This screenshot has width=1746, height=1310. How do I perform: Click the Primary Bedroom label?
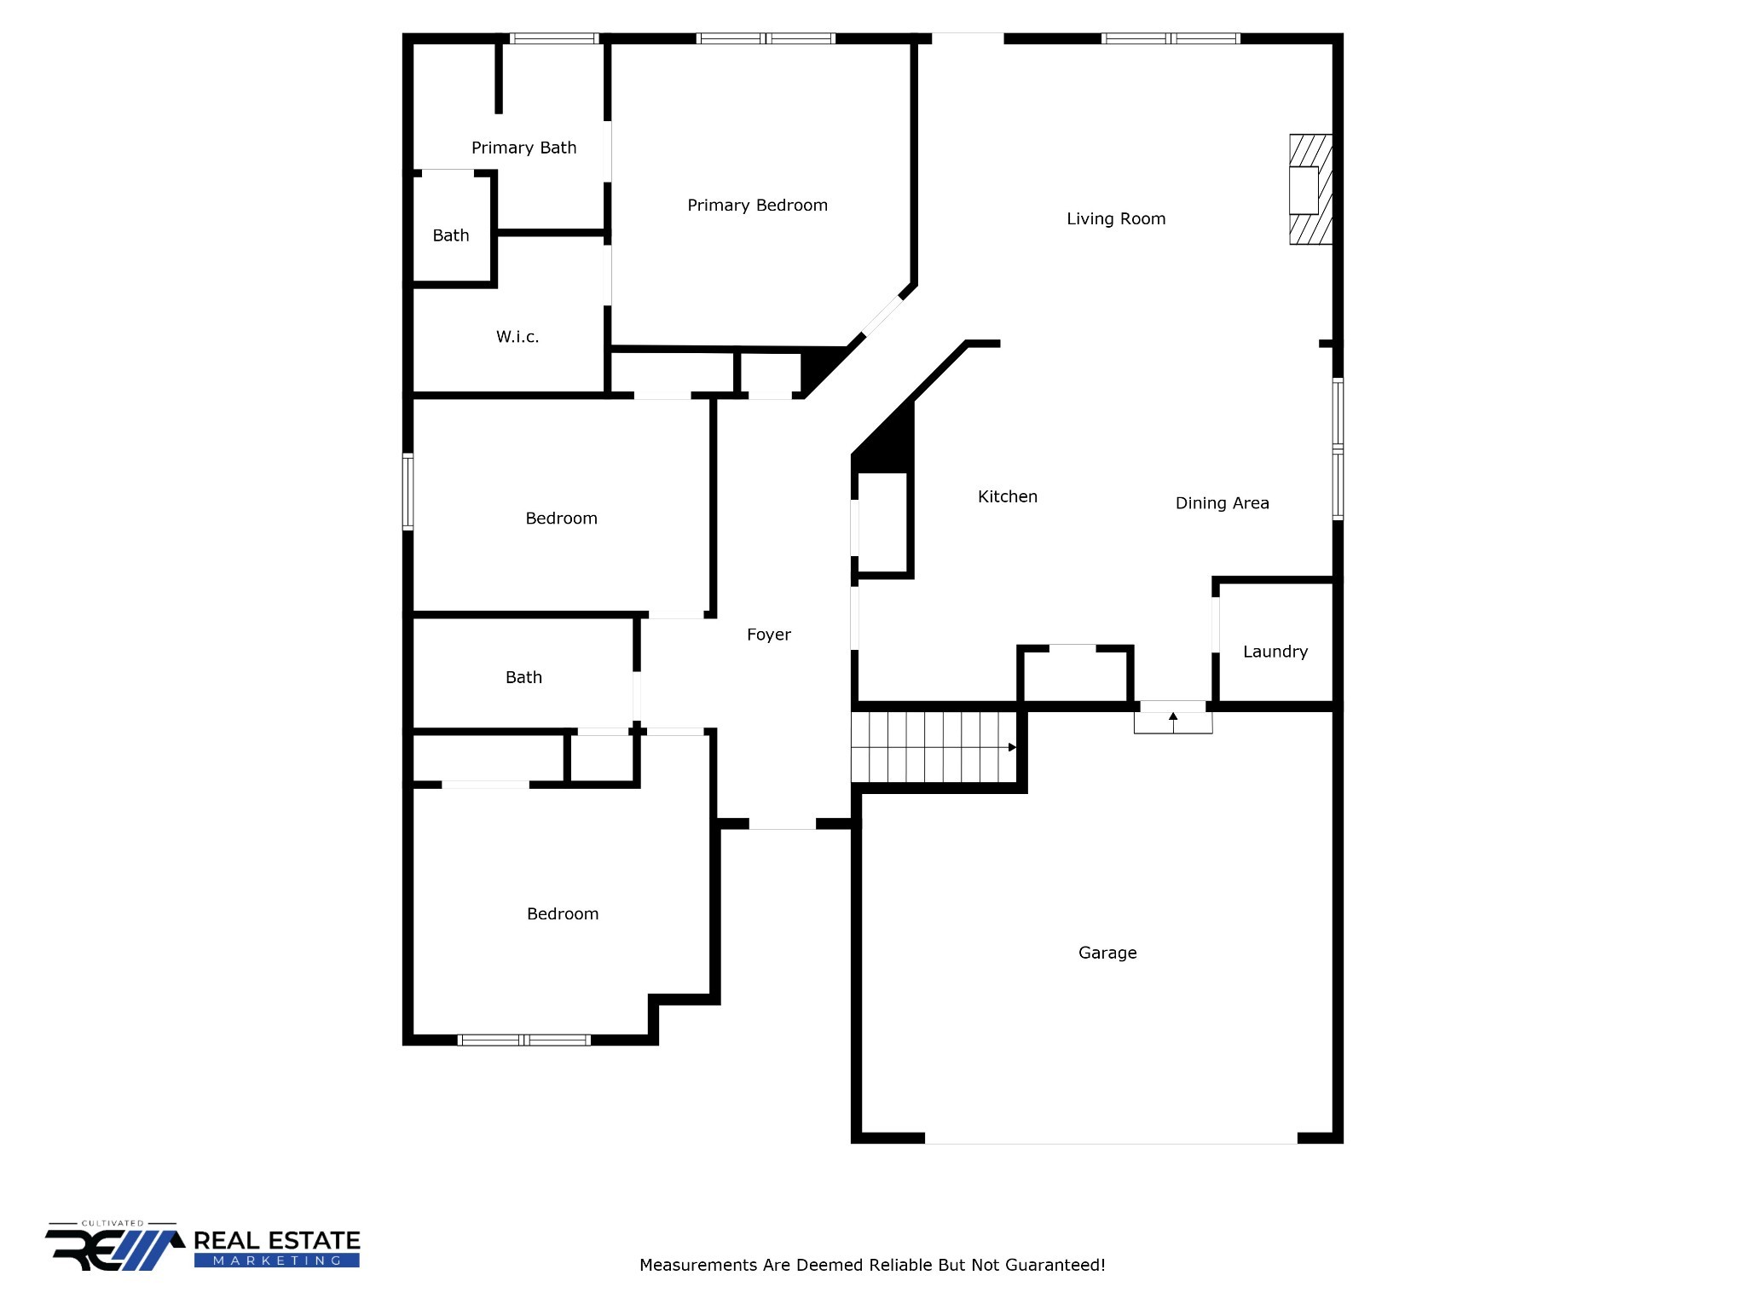click(x=757, y=206)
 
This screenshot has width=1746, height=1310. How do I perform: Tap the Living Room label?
click(x=1116, y=219)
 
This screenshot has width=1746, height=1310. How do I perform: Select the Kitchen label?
click(x=1007, y=497)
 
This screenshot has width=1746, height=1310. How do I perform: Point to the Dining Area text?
click(x=1222, y=504)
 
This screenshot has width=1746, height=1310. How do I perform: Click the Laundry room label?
click(x=1275, y=652)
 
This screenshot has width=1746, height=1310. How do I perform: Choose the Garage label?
click(x=1107, y=954)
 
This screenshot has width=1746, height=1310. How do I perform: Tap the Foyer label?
click(x=768, y=635)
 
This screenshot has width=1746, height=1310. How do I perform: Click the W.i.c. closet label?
click(x=517, y=338)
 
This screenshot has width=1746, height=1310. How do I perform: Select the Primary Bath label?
click(x=523, y=148)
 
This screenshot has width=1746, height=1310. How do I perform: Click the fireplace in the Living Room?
click(x=1309, y=189)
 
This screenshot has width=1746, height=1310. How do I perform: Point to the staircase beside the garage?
click(x=934, y=747)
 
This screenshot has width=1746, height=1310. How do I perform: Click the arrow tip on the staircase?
click(x=1013, y=748)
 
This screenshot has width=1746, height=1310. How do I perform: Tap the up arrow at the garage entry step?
click(x=1173, y=717)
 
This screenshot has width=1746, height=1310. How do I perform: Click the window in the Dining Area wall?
click(x=1338, y=449)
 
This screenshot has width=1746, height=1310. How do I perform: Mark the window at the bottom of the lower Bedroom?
click(x=523, y=1040)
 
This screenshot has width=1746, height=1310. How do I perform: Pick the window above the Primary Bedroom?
click(x=766, y=38)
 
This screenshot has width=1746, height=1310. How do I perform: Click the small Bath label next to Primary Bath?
click(x=450, y=236)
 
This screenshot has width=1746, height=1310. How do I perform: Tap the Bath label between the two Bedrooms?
click(x=523, y=678)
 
